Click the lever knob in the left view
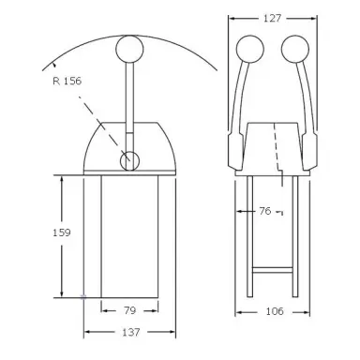point(128,49)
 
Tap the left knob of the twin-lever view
point(248,50)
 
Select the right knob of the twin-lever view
point(296,50)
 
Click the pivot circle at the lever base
point(129,161)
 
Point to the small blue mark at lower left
point(83,297)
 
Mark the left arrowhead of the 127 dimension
point(236,18)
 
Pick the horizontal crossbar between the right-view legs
point(272,272)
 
